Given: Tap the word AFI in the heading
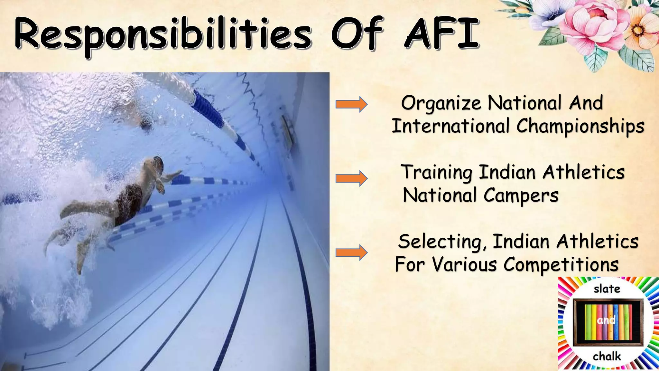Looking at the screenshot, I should [442, 33].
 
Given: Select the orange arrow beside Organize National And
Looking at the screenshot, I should [351, 104].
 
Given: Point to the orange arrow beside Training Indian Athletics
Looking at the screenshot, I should [351, 178].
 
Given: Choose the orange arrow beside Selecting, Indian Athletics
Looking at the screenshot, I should [351, 252].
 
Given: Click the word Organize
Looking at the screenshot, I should [441, 104].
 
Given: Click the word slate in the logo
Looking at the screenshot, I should [607, 289].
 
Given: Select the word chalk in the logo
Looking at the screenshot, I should [607, 357].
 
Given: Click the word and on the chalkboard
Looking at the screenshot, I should [606, 320].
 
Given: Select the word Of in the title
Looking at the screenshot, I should [357, 33].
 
